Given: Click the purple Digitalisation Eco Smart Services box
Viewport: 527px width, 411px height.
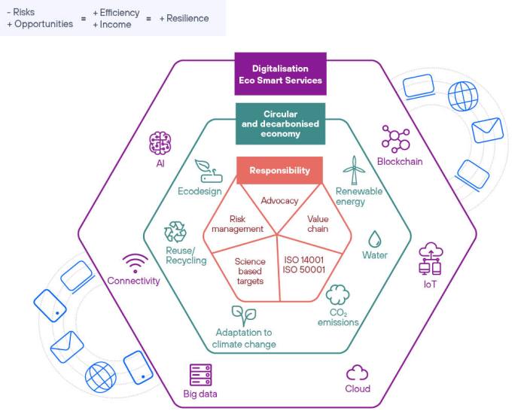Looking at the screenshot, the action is [x=280, y=74].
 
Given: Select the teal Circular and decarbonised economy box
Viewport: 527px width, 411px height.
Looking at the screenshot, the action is [x=280, y=123].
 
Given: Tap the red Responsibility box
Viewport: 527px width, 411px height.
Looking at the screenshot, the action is [x=279, y=170].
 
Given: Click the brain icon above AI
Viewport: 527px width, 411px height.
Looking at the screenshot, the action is [x=160, y=143].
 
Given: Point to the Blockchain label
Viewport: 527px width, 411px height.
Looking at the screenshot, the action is [x=400, y=162].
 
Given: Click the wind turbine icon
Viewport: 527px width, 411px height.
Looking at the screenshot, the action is [x=354, y=170].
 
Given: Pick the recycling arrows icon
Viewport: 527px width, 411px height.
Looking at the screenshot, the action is [x=175, y=232].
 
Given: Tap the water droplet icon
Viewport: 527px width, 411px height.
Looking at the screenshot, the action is [x=375, y=239].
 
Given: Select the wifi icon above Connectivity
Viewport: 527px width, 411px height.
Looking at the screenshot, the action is [x=135, y=263].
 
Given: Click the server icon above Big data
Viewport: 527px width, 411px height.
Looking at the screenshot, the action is [x=201, y=375].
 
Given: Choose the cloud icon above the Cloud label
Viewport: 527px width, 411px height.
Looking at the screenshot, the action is [x=358, y=373].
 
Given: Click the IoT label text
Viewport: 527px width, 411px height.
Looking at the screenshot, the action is [x=430, y=285].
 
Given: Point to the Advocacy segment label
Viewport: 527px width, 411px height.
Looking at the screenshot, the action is [x=279, y=201].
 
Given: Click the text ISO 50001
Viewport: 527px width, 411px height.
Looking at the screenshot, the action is [x=304, y=269].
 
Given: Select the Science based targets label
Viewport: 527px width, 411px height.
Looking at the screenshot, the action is [x=250, y=271].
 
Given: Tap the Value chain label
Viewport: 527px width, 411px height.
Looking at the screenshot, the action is [x=318, y=224].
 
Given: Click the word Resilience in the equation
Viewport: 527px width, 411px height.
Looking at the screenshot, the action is [x=187, y=18].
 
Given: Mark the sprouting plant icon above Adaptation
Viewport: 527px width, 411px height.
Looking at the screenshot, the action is [x=244, y=316].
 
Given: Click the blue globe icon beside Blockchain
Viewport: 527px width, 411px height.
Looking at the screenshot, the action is [x=463, y=96].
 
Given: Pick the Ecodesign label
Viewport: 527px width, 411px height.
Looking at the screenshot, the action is [x=200, y=191].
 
